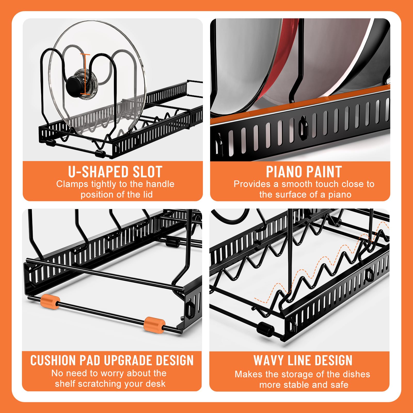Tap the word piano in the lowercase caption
[x=340, y=195]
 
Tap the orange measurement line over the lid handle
[x=85, y=74]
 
